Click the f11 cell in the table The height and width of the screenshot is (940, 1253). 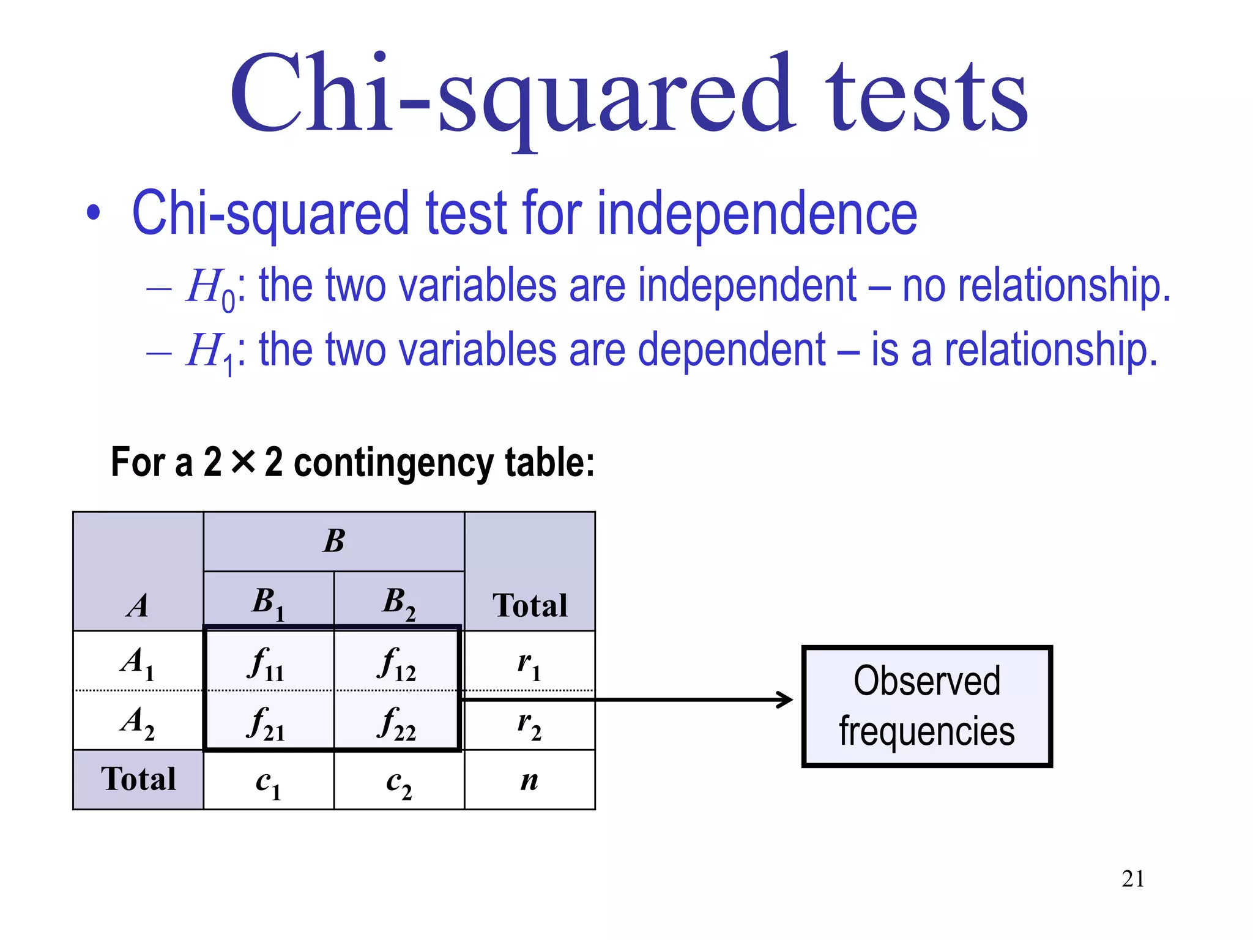coord(268,663)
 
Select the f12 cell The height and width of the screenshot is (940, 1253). coord(398,663)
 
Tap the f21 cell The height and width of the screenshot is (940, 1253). coord(268,722)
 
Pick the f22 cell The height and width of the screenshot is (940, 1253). coord(398,722)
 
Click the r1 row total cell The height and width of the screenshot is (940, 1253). coord(529,663)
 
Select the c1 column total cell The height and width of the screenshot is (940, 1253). coord(268,781)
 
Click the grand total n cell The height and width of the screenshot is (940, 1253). coord(529,781)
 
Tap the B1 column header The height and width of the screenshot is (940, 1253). coord(268,602)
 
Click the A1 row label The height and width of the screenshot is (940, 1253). coord(138,663)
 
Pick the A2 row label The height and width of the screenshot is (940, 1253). coord(138,722)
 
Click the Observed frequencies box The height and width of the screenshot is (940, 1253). coord(927,706)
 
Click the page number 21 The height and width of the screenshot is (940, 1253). coord(1133,879)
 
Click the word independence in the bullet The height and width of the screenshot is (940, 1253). coord(757,213)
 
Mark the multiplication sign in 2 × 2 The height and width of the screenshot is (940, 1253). coord(243,461)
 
